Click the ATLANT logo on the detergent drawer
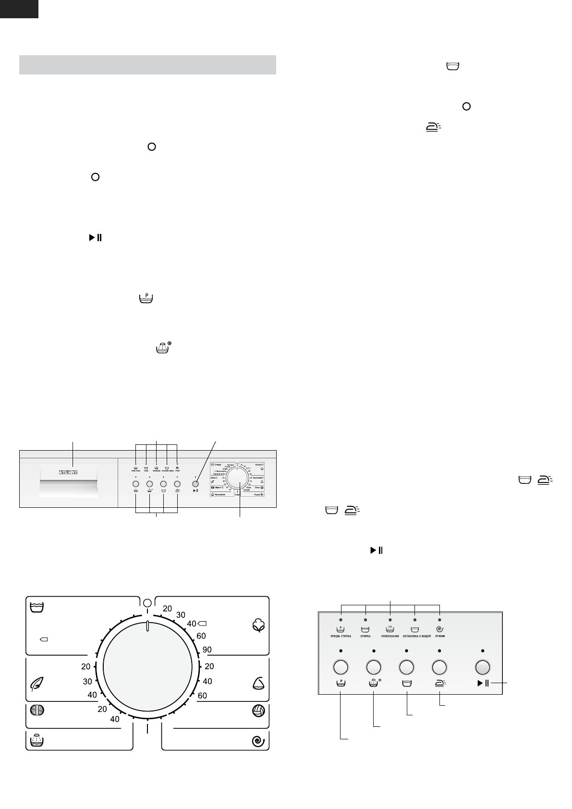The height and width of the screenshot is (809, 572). coord(68,472)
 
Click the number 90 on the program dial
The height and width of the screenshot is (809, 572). coord(207,650)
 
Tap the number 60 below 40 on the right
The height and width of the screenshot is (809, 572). coord(202,695)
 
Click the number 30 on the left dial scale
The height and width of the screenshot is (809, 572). coord(87,681)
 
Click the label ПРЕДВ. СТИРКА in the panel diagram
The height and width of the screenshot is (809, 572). coord(341,636)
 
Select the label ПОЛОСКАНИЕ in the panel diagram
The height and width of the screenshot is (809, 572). coord(390,636)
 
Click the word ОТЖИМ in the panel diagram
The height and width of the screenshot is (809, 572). coord(440,636)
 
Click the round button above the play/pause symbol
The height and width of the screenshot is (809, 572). coord(482,667)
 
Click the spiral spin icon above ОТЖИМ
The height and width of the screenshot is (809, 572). coord(439,628)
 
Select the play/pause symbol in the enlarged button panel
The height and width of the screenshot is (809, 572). coord(483,684)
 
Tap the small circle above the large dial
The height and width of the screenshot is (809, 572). coord(147,602)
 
